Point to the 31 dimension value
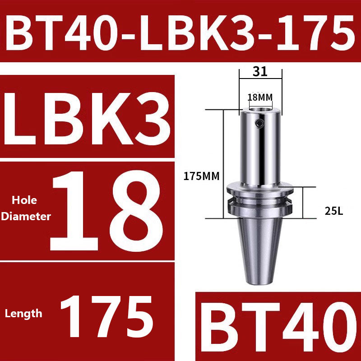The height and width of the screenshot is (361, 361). [x=260, y=71]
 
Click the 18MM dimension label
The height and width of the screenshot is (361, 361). [x=260, y=97]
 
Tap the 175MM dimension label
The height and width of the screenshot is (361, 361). [x=201, y=176]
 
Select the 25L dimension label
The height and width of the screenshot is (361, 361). [x=335, y=210]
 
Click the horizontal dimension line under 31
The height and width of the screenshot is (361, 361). [x=260, y=79]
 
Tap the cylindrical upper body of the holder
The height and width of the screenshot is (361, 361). [x=260, y=149]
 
